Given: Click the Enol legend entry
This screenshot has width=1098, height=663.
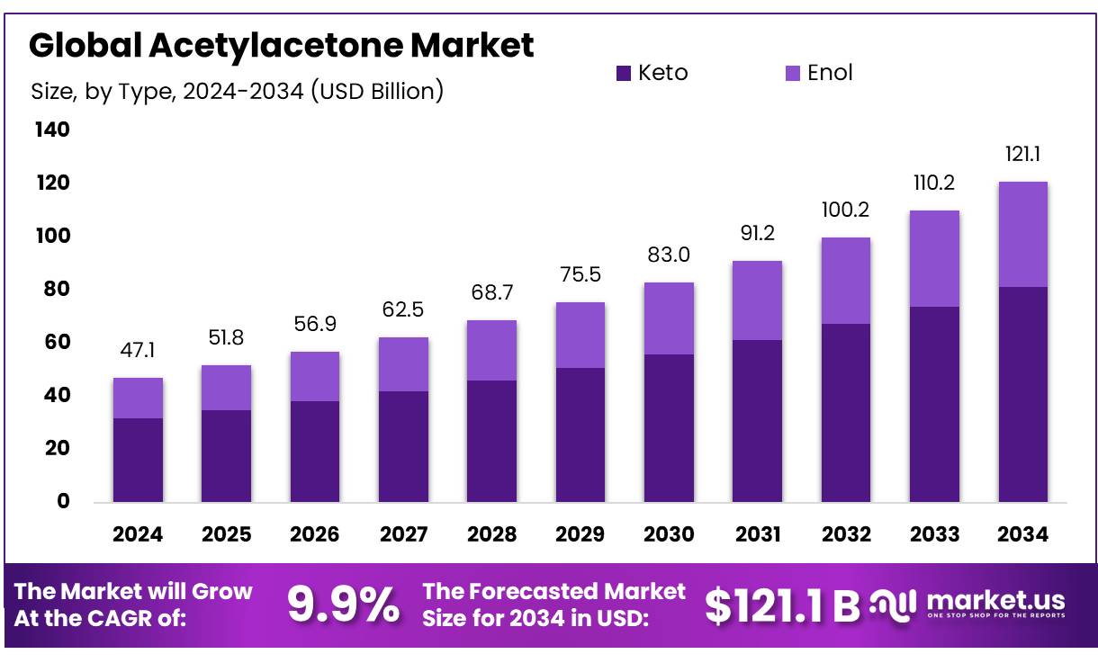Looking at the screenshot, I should click(818, 73).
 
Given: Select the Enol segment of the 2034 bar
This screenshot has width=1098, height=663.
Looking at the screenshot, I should click(1022, 235).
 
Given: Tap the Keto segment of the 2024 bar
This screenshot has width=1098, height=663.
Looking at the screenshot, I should click(138, 460).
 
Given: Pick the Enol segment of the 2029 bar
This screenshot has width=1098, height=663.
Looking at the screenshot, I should click(580, 336).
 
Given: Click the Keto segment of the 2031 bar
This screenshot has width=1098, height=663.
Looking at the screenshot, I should click(757, 421).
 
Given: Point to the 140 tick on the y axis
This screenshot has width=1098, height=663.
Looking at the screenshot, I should click(51, 130).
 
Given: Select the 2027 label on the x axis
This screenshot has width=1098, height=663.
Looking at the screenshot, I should click(403, 534).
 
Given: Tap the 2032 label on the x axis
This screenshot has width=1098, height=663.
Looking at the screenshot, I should click(846, 534).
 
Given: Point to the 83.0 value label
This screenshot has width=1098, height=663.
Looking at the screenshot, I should click(669, 255).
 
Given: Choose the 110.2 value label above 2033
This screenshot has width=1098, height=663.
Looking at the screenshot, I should click(934, 184).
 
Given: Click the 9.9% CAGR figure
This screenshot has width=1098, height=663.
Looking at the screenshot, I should click(344, 605).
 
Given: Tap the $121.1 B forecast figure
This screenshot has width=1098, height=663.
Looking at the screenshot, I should click(782, 605).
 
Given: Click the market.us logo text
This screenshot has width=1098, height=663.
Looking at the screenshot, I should click(994, 600).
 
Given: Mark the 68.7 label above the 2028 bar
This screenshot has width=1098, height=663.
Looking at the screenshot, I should click(492, 293).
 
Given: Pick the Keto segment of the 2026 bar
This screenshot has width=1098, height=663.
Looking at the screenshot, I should click(315, 452).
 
